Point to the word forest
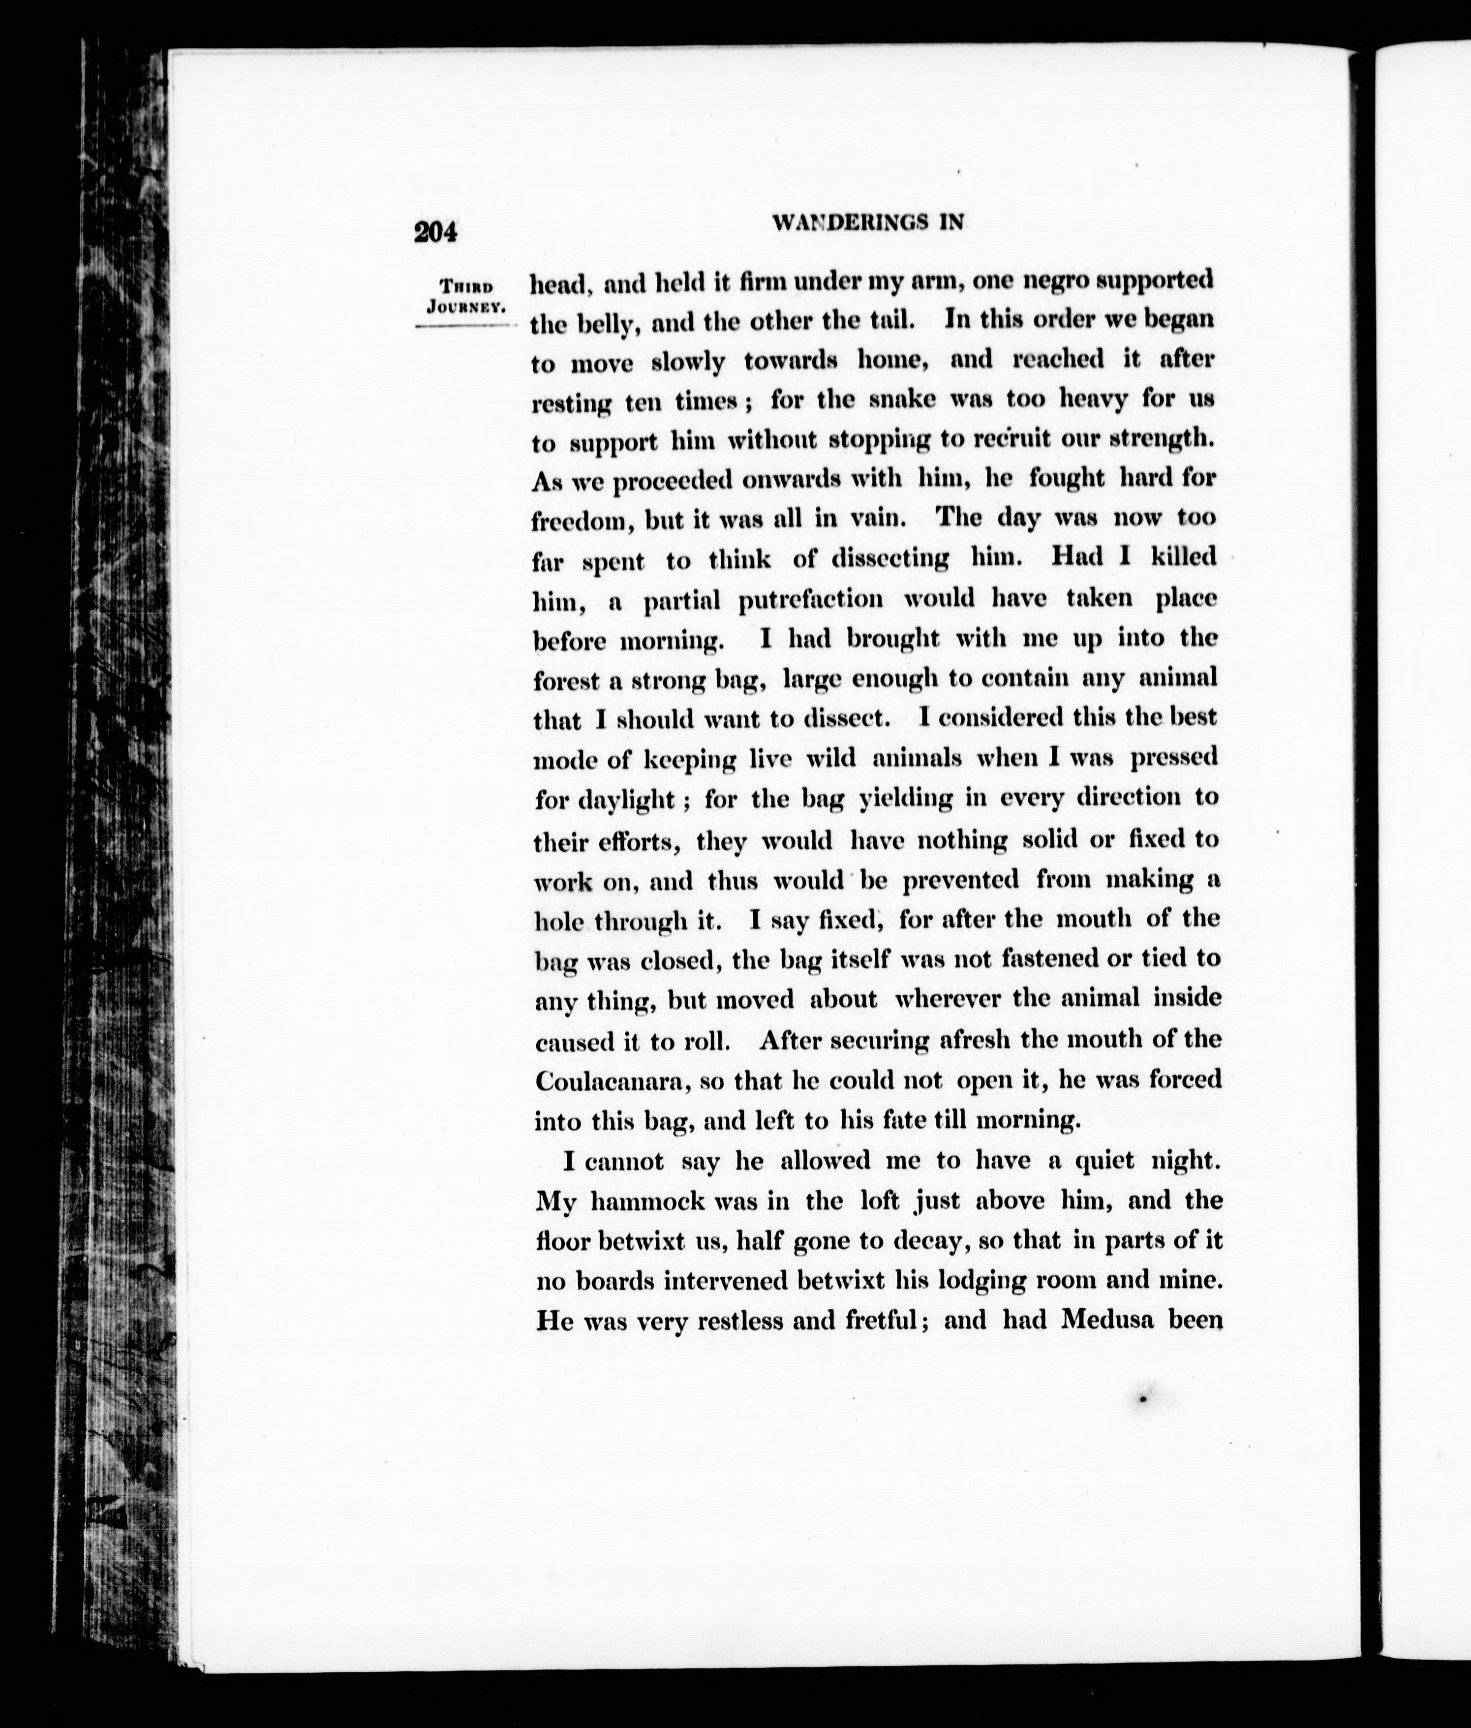coord(565,680)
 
